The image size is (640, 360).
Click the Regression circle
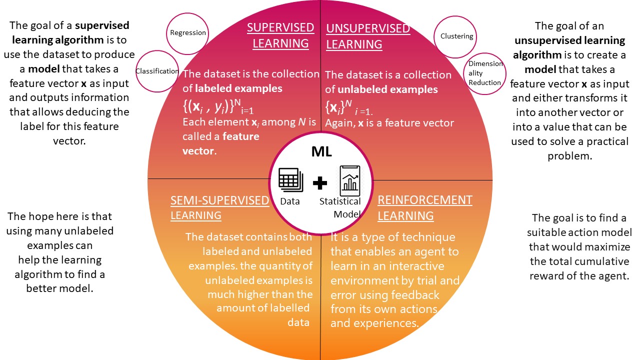point(187,33)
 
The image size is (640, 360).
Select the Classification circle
point(157,70)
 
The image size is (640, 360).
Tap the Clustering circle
point(456,36)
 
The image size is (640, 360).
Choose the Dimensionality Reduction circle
point(485,73)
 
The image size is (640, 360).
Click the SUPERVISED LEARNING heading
point(280,35)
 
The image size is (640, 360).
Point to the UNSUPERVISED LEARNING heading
point(368,36)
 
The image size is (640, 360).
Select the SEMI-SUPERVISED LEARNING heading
point(220,207)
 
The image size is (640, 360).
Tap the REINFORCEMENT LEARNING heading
point(424,207)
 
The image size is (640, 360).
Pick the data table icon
point(290,180)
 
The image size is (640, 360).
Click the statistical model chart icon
point(349,181)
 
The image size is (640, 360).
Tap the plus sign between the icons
point(320,183)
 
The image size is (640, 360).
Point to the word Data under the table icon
point(290,201)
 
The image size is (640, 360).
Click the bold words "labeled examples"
point(238,89)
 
